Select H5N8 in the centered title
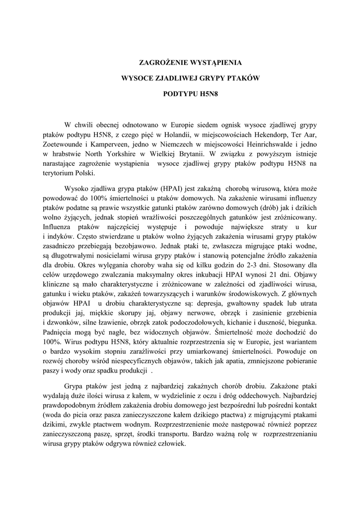coord(202,93)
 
